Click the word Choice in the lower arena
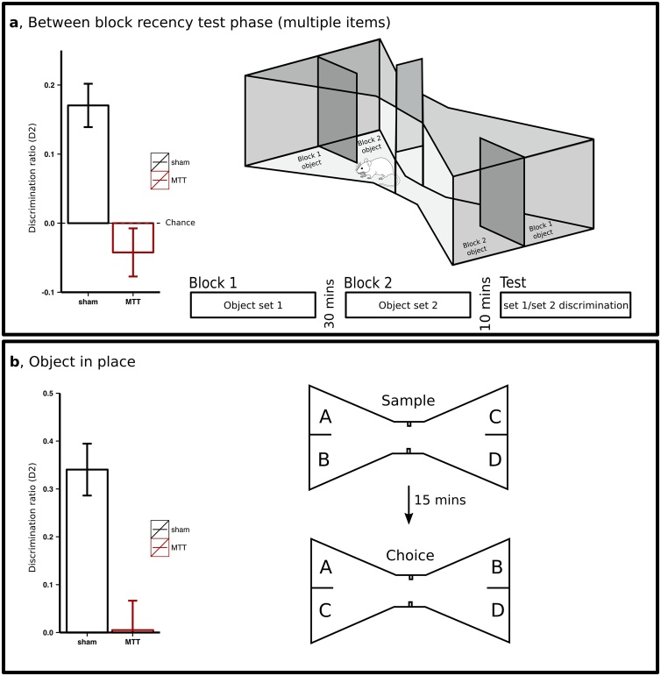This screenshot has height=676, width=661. pos(408,555)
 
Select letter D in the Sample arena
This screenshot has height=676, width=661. pos(495,459)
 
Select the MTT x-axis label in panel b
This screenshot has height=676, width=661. pos(132,643)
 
